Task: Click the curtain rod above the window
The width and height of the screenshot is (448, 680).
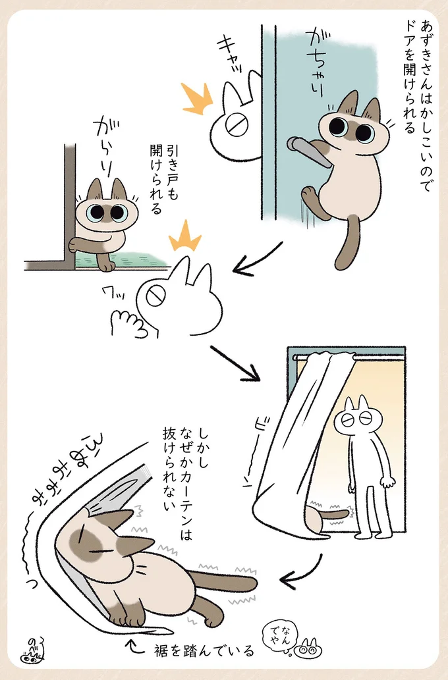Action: [349, 356]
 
